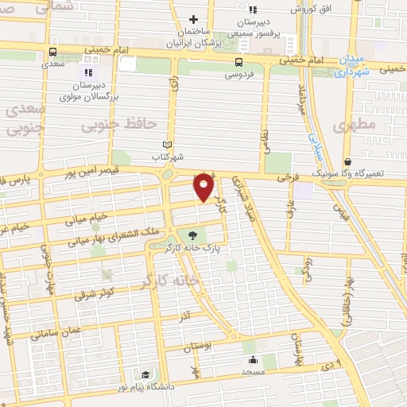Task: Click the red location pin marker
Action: [x=204, y=186]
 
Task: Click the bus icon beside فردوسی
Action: [x=238, y=62]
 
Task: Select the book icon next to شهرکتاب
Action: [x=166, y=145]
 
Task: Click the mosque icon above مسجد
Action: [x=253, y=359]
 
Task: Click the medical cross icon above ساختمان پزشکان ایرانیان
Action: [x=193, y=19]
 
